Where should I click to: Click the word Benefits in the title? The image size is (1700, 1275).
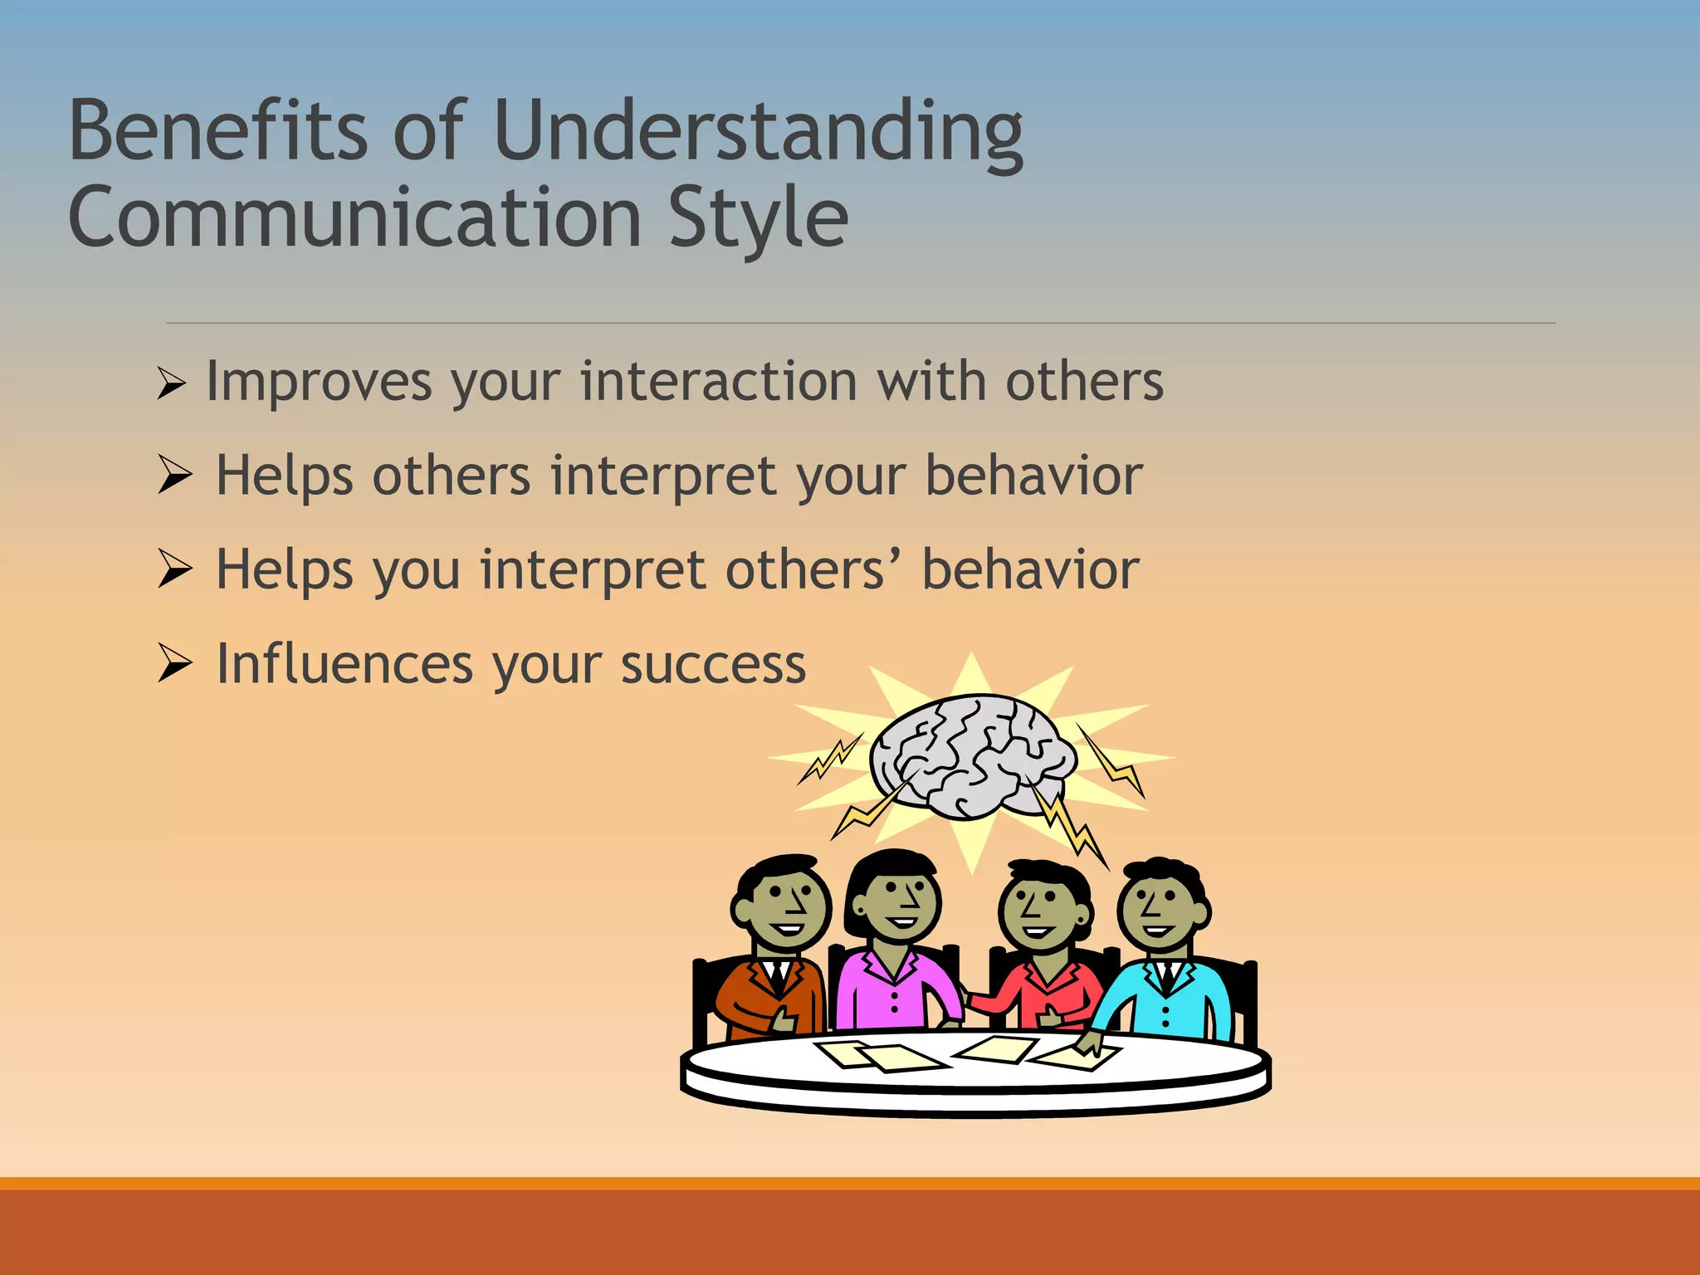[x=217, y=130]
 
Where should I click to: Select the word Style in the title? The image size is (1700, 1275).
[x=757, y=218]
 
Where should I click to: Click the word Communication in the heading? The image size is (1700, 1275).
[x=354, y=217]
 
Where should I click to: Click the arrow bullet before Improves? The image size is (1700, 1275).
[x=171, y=384]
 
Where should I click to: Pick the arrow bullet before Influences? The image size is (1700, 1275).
[x=175, y=663]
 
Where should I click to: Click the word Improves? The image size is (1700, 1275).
[x=320, y=383]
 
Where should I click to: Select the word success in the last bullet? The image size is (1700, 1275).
[x=713, y=666]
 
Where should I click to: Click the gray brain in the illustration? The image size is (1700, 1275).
[x=972, y=755]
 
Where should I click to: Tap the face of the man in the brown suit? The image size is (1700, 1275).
[x=784, y=910]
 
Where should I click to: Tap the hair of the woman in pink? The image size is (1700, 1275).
[x=893, y=867]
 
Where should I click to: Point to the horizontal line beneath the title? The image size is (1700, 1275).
[x=860, y=323]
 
